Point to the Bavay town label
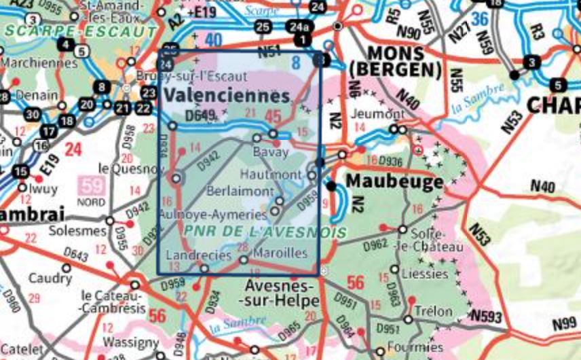pyautogui.click(x=270, y=151)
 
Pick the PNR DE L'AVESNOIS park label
pyautogui.click(x=265, y=232)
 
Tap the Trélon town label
pyautogui.click(x=432, y=311)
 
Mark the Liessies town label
pyautogui.click(x=424, y=274)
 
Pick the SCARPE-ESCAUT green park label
pyautogui.click(x=80, y=31)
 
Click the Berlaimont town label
pyautogui.click(x=240, y=192)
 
